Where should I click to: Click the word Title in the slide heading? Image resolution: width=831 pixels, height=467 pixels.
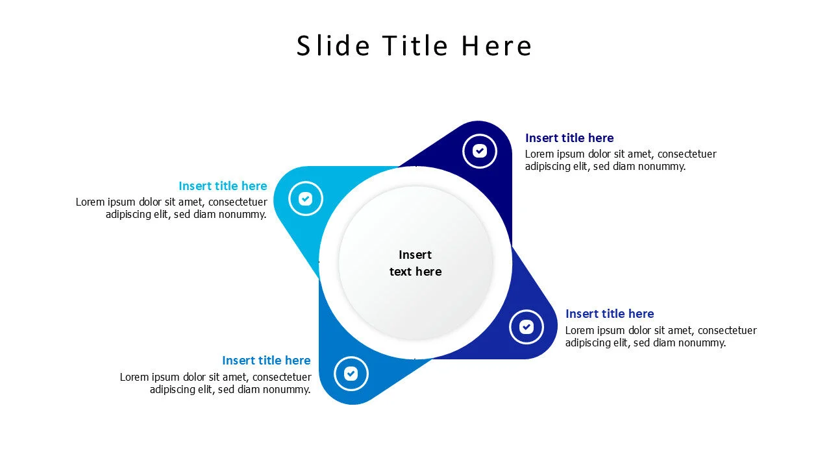point(415,46)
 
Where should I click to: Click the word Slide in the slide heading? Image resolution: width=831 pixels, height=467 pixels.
point(333,46)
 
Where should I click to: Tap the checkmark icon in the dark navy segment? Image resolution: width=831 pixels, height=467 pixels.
point(480,151)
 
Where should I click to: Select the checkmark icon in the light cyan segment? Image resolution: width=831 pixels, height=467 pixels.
point(306,198)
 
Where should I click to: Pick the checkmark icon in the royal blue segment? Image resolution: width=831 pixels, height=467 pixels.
point(527,327)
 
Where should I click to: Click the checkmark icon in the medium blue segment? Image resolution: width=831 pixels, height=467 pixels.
point(351,374)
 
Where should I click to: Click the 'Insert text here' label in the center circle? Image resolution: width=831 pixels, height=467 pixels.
point(415,263)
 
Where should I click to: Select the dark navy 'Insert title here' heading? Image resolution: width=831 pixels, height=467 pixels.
point(569,138)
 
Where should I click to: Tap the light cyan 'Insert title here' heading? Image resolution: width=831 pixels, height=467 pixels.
point(223,186)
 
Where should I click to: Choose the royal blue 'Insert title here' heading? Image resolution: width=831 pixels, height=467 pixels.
point(610,313)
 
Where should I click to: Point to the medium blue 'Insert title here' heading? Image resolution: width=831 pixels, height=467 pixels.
point(266,360)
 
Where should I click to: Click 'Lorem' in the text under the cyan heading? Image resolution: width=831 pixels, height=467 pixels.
point(91,202)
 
